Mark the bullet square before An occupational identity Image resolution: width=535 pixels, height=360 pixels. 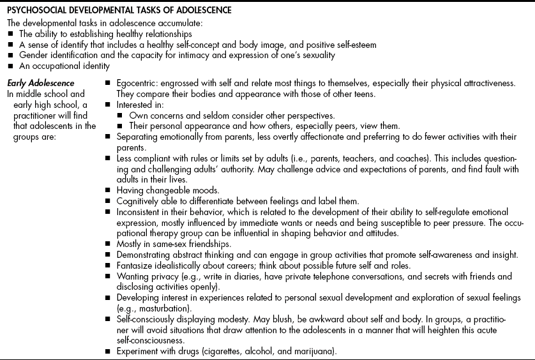tap(6, 66)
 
